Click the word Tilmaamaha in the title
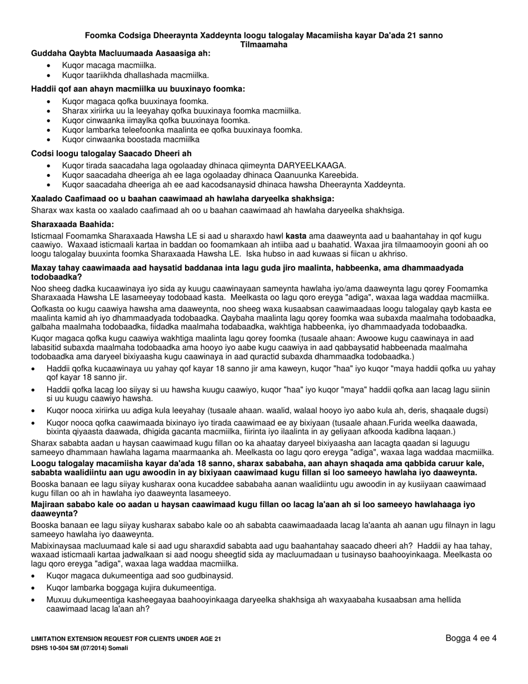click(263, 44)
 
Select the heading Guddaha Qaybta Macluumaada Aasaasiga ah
click(121, 53)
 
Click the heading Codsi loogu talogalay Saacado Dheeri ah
click(112, 153)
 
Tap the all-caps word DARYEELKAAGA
click(312, 165)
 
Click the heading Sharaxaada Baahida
click(72, 224)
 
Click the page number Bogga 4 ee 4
click(471, 638)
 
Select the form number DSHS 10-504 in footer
click(55, 648)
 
